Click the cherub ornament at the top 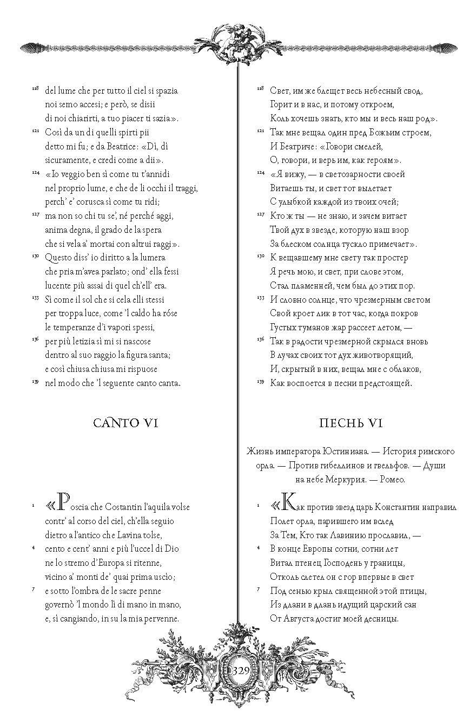[237, 41]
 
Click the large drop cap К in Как [288, 506]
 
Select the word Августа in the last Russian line [298, 619]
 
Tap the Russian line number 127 [260, 214]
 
